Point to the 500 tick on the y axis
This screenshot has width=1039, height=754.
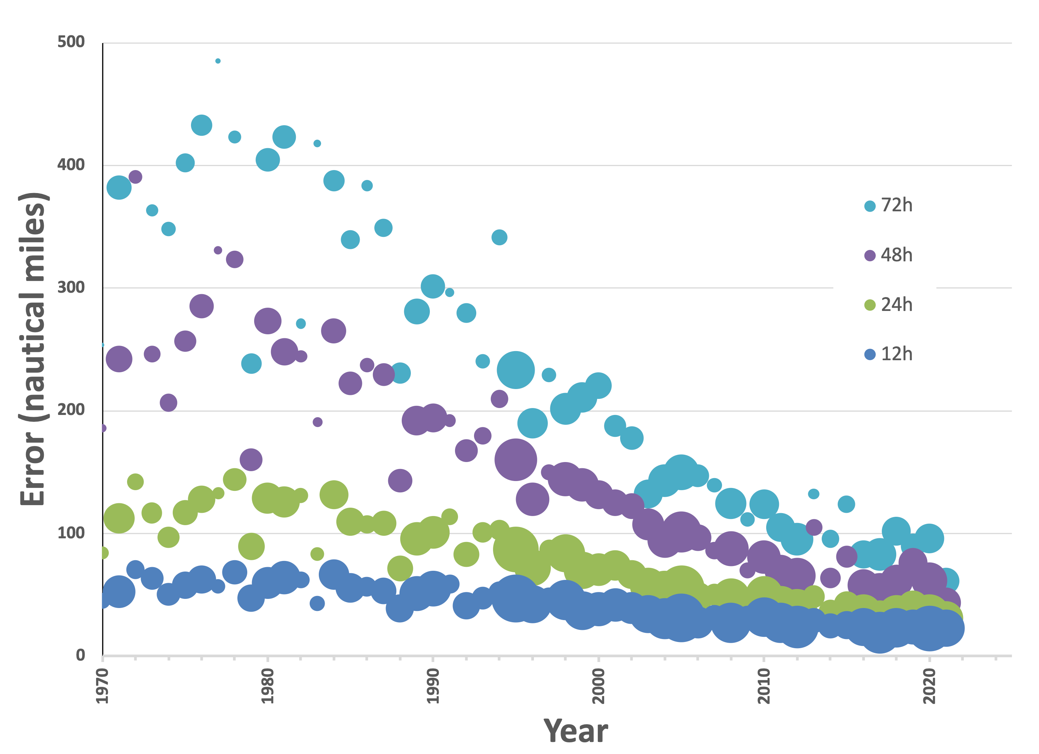(x=71, y=42)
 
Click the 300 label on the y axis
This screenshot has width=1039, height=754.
(x=71, y=288)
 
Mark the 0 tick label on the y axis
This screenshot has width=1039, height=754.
(x=81, y=655)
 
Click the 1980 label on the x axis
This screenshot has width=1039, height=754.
(x=267, y=686)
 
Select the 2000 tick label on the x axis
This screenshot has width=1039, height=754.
(x=598, y=686)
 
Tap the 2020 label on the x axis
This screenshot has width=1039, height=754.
(x=929, y=686)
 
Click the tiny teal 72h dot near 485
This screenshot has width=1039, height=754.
(x=218, y=61)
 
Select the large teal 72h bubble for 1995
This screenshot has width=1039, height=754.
(x=516, y=370)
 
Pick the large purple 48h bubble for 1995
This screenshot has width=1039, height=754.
(x=516, y=459)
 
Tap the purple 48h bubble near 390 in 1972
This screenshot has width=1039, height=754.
(x=135, y=177)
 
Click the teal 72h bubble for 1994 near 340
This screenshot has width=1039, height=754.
(x=499, y=237)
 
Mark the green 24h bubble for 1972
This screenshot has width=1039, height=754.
(x=135, y=482)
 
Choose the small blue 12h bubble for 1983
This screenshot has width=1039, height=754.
(x=317, y=603)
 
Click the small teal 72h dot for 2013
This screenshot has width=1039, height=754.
(x=814, y=494)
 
